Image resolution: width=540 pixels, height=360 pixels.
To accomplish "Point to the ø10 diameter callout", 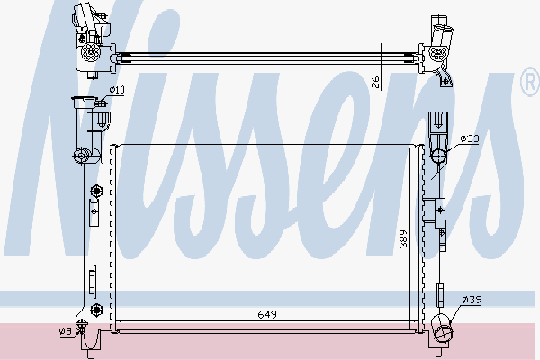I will tap(117, 90).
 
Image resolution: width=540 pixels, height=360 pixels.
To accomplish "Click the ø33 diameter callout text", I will tap(470, 139).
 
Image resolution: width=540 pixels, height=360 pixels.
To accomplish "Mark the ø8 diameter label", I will tap(66, 332).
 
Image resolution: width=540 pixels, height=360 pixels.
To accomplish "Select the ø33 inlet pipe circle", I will tap(438, 157).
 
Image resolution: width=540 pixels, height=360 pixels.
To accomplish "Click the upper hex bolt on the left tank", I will tap(94, 191).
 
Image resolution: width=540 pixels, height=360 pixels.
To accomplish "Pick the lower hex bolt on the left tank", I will tap(94, 312).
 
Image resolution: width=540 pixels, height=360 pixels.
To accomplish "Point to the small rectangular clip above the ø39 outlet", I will tap(440, 293).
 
